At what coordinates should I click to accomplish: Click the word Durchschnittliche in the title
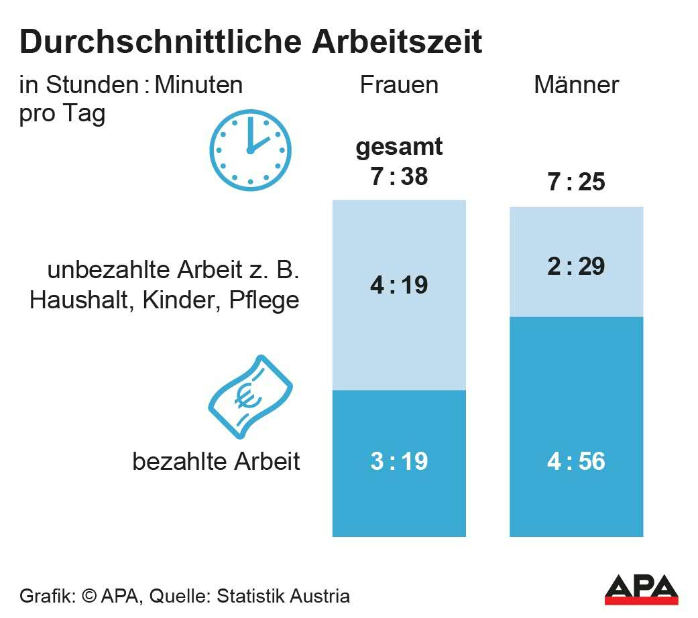coord(158,43)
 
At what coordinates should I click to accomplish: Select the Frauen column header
coord(399,85)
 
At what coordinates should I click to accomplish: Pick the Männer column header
coord(576,85)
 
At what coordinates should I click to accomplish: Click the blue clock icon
coord(250,151)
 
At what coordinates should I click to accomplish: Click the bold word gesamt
coord(399,147)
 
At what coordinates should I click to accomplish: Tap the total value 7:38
coord(399,176)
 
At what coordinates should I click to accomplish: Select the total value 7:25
coord(576,182)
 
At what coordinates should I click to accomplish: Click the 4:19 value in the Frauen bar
coord(399,286)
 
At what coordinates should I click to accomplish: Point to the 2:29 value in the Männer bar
coord(576,267)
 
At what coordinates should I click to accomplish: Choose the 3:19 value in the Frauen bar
coord(399,462)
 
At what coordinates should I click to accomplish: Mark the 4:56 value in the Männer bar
coord(576,462)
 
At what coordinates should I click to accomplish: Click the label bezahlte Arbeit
coord(216,462)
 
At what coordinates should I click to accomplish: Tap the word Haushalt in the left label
coord(76,300)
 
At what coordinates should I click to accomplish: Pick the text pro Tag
coord(62,114)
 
